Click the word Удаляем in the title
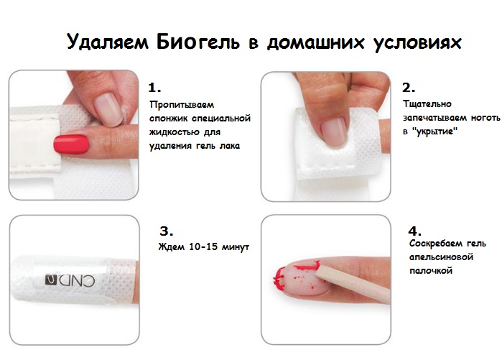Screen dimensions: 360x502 108,42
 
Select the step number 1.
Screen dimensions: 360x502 154,88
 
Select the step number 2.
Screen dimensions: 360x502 408,88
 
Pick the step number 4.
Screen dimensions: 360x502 414,231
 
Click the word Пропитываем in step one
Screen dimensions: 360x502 182,105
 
